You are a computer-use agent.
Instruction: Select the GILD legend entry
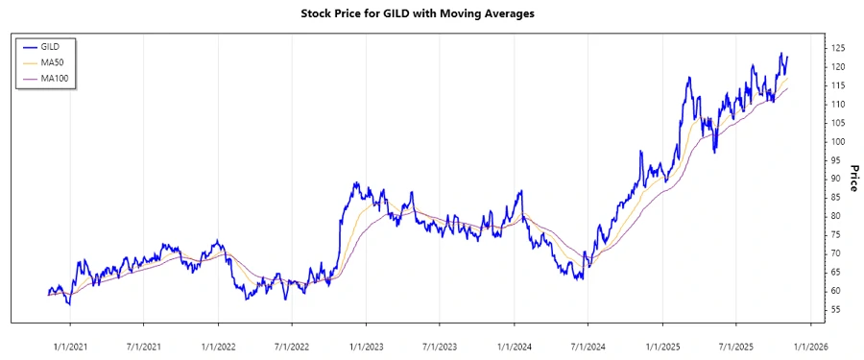(52, 46)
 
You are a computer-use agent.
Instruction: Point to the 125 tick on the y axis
(838, 48)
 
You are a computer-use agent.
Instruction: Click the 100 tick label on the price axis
(838, 141)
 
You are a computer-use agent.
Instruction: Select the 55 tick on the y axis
(835, 309)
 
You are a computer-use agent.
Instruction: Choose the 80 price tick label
(835, 216)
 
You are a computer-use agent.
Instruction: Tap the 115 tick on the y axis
(838, 85)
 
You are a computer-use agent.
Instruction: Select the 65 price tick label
(835, 272)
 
